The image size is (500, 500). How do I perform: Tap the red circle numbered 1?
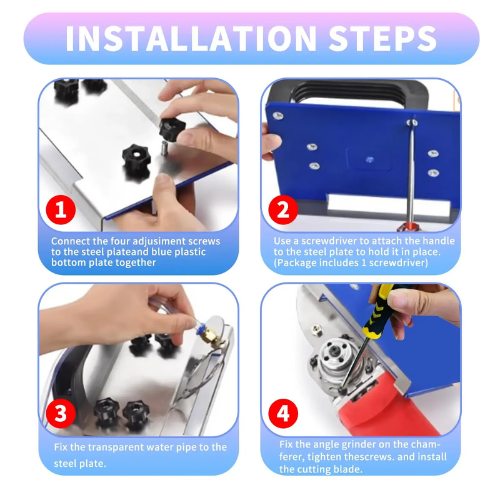pyautogui.click(x=61, y=209)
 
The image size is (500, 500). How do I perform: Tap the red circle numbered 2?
pyautogui.click(x=283, y=209)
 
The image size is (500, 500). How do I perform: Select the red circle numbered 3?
pyautogui.click(x=61, y=413)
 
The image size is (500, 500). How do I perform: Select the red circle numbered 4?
pyautogui.click(x=283, y=413)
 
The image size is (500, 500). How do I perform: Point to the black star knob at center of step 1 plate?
pyautogui.click(x=134, y=152)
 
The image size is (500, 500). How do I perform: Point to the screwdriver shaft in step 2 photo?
pyautogui.click(x=410, y=169)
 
